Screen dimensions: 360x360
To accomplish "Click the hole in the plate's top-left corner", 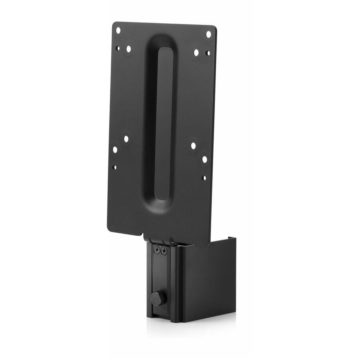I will pos(118,30).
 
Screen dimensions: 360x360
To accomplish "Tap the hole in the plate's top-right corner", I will pos(208,34).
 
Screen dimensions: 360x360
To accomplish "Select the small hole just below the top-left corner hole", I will pos(118,48).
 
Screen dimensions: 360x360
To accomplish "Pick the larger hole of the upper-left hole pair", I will pos(128,49).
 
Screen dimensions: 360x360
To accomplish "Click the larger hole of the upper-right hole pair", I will pos(196,52).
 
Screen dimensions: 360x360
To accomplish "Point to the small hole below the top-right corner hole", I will pos(208,53).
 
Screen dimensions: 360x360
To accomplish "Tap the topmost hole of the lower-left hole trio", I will pos(126,139).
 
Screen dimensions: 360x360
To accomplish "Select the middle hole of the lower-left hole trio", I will pos(115,149).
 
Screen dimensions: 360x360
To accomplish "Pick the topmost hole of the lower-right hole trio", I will pos(193,146).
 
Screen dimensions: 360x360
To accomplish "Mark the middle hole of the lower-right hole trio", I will pos(204,159).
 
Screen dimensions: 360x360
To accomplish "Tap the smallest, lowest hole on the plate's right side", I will pos(204,178).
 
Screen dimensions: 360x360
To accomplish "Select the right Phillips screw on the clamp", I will pos(164,250).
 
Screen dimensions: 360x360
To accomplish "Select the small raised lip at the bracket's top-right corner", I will pos(232,240).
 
